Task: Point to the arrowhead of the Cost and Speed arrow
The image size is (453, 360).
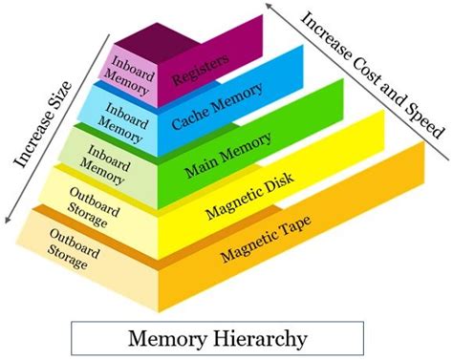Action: [271, 7]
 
